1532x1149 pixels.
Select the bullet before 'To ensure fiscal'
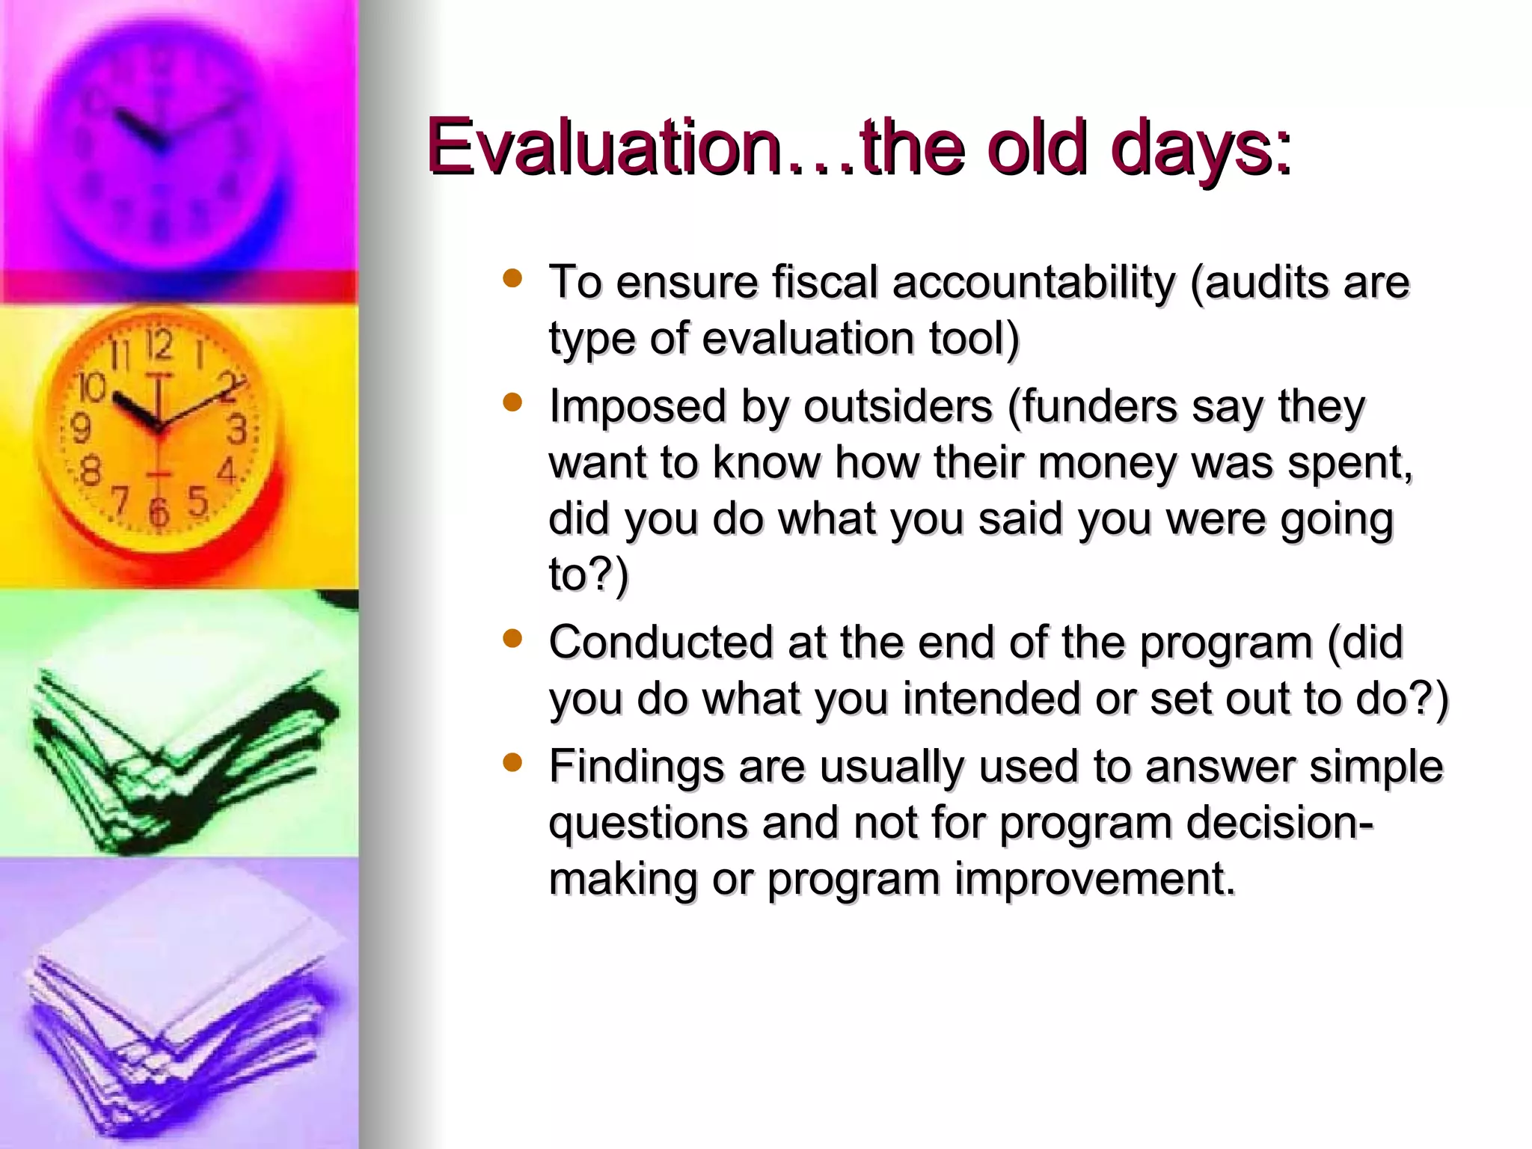[512, 279]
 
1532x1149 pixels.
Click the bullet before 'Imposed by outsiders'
[512, 403]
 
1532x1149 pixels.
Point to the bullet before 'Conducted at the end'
[512, 639]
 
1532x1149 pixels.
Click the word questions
[648, 824]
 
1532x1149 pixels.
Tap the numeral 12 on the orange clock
[159, 346]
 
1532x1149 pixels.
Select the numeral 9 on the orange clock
[81, 429]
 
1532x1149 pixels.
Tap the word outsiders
[898, 407]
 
